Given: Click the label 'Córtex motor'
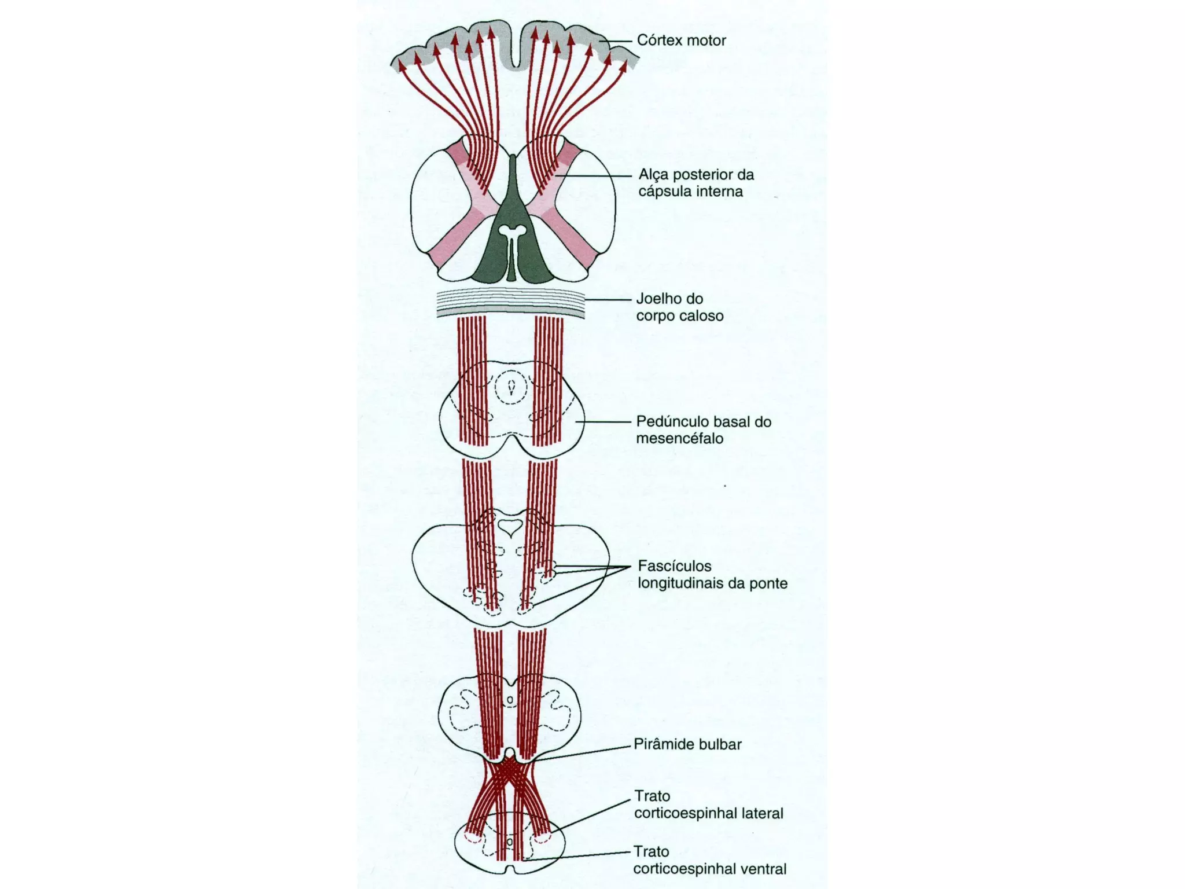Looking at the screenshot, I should (x=681, y=41).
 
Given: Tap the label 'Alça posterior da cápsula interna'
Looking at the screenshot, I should (x=696, y=183).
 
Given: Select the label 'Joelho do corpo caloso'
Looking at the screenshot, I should (x=679, y=307).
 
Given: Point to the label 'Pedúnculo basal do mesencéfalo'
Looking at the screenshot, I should (x=704, y=429).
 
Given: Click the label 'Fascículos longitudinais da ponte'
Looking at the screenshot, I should (x=712, y=574).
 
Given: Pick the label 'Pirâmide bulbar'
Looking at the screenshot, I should (x=687, y=744).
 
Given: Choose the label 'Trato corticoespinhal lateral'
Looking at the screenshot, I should (x=708, y=804).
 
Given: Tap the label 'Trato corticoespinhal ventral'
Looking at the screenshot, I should (x=709, y=860).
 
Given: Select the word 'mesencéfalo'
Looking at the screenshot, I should (x=679, y=438).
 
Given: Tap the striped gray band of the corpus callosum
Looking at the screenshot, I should (x=510, y=304).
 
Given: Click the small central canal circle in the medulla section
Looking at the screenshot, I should (x=510, y=700).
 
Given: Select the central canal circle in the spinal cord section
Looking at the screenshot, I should (x=510, y=841).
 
